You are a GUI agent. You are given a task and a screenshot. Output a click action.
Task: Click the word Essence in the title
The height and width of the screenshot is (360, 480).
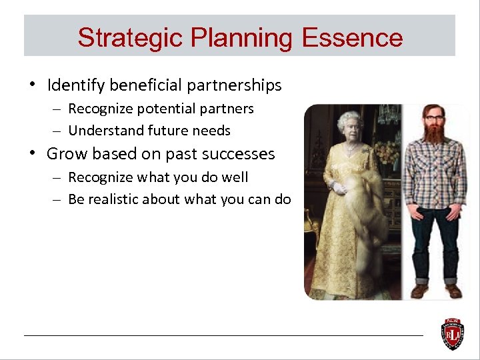[x=352, y=38]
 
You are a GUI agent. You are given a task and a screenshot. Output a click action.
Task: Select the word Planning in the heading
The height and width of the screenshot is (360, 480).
[x=241, y=38]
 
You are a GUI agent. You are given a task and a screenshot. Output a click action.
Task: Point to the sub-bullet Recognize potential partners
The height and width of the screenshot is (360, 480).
[x=161, y=108]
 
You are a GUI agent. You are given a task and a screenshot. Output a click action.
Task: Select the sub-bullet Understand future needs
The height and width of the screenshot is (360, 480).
[x=149, y=131]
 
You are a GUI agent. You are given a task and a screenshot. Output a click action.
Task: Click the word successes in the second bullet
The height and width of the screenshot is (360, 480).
[x=239, y=154]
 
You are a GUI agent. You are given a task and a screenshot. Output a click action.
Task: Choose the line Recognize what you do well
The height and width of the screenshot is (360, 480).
[x=158, y=177]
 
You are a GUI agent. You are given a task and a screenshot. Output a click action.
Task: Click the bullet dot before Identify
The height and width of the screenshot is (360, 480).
[x=31, y=85]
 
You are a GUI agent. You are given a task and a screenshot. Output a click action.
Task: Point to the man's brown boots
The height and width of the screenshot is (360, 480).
[x=436, y=290]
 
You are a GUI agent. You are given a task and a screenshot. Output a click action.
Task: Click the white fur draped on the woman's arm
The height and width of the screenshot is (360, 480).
[x=363, y=213]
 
